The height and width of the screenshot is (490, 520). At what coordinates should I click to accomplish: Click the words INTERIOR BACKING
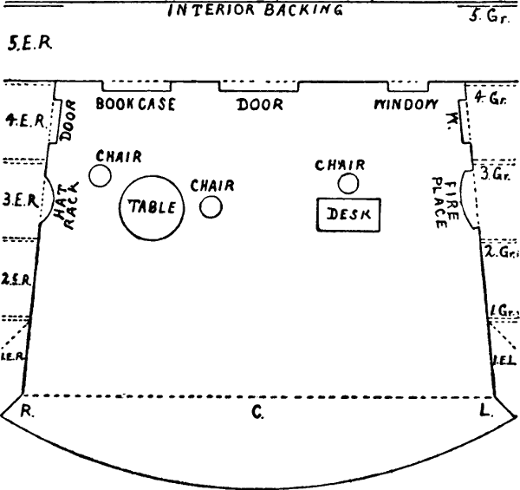click(x=255, y=10)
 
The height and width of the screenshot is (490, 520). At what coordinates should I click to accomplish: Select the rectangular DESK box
click(x=348, y=214)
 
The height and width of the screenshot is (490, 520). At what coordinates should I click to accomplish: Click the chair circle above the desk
click(x=348, y=183)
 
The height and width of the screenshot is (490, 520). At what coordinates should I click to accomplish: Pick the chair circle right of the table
click(x=211, y=206)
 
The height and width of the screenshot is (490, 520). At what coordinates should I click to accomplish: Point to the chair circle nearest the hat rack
click(x=101, y=176)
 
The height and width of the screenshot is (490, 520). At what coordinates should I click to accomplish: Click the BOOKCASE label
click(x=136, y=104)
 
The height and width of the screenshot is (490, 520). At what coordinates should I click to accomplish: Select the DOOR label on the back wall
click(x=260, y=105)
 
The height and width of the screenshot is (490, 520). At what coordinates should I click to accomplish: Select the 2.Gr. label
click(x=500, y=252)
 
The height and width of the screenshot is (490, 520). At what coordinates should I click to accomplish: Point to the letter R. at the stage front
click(x=28, y=412)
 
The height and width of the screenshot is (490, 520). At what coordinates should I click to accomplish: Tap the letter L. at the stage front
click(x=485, y=412)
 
